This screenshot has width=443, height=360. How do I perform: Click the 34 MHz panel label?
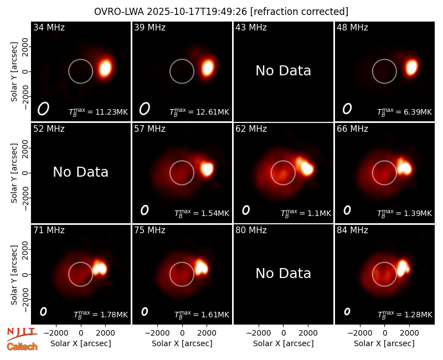[49, 27]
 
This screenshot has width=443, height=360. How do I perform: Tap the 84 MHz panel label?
[352, 230]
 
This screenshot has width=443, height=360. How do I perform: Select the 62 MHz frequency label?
[251, 129]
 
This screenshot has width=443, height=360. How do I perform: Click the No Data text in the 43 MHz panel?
[283, 71]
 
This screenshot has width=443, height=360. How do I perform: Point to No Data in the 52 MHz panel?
[80, 172]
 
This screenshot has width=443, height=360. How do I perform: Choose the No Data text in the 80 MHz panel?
[283, 273]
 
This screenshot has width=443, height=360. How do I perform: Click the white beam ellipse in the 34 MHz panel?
[43, 109]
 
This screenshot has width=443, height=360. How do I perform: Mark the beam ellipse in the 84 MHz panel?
[347, 311]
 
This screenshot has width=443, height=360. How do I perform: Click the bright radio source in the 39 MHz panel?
[208, 68]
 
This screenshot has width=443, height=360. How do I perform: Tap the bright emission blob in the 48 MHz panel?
[411, 67]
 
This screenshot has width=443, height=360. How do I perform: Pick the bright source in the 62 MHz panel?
[306, 167]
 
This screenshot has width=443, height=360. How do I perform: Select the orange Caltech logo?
[22, 347]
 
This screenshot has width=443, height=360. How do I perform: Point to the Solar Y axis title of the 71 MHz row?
[14, 275]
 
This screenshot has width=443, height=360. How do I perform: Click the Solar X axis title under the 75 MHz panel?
[182, 343]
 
